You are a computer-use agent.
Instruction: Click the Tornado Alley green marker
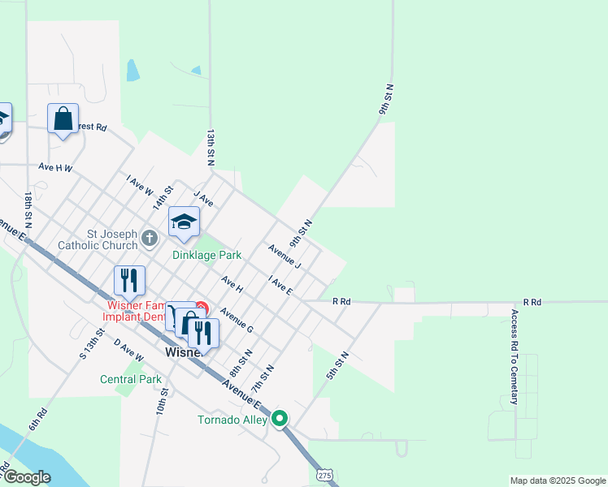280,419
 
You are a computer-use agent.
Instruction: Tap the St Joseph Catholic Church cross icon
149,238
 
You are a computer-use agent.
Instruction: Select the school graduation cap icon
185,222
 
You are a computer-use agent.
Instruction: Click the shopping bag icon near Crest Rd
63,119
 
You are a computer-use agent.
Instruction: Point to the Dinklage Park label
207,255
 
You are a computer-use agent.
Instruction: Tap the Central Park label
131,379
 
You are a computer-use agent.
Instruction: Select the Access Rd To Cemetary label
515,356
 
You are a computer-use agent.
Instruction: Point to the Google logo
26,477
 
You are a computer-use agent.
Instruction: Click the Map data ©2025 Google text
557,481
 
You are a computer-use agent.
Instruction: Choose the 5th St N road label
338,365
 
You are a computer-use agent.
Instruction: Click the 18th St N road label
28,210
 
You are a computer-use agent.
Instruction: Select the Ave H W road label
55,168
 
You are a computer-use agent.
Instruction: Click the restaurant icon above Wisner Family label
129,280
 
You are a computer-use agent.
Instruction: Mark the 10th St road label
163,402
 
